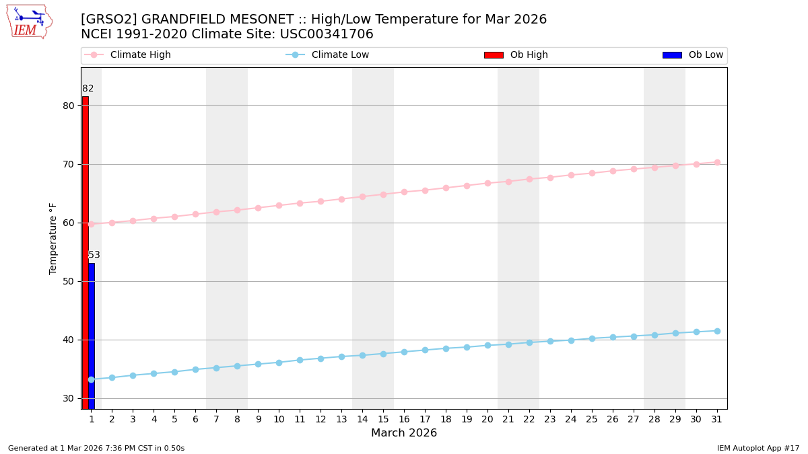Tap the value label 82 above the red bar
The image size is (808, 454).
(x=88, y=89)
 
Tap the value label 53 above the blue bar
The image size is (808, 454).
(x=94, y=255)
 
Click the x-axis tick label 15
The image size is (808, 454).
(x=383, y=419)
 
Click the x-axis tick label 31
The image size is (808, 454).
(x=717, y=419)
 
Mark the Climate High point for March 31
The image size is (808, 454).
(x=717, y=162)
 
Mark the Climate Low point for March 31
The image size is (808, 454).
(x=717, y=331)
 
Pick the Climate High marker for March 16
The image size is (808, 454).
(x=404, y=192)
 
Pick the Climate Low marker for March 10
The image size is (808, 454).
(x=279, y=363)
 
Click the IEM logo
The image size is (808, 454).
(x=29, y=22)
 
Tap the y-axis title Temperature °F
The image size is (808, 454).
(x=53, y=238)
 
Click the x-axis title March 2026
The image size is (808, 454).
(x=404, y=433)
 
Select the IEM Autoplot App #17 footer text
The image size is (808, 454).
(x=758, y=448)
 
